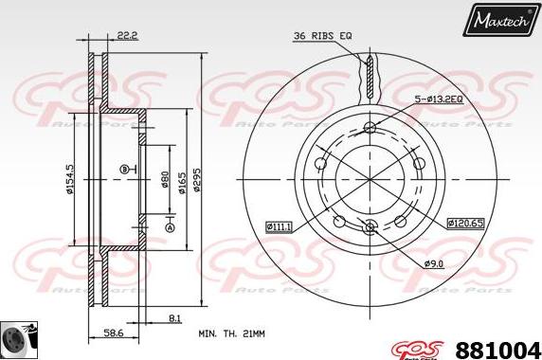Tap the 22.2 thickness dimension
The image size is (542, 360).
click(127, 36)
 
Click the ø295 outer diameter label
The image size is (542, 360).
click(195, 180)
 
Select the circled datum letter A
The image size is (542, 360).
click(170, 228)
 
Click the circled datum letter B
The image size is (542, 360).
click(123, 169)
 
